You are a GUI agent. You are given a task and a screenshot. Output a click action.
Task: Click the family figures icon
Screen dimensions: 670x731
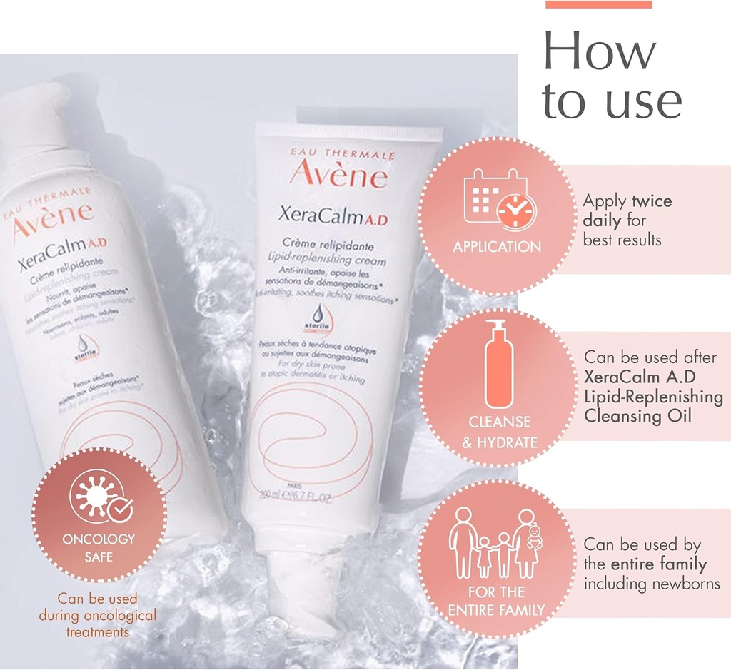pos(497,544)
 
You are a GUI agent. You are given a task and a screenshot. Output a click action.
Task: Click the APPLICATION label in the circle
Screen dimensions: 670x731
pos(497,247)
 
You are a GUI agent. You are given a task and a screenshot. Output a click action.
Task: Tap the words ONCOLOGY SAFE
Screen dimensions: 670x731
pos(99,547)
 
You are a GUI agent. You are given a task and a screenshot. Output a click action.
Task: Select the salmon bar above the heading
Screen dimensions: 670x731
pos(598,4)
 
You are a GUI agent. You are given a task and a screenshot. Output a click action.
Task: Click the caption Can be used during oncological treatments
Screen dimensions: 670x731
pos(98,614)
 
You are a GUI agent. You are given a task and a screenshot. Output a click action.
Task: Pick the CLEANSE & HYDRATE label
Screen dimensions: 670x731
pos(499,432)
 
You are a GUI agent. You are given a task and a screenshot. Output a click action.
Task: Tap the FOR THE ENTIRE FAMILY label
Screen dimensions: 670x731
pos(497,601)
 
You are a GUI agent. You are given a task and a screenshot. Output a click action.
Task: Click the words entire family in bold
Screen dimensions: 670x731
pos(659,564)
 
